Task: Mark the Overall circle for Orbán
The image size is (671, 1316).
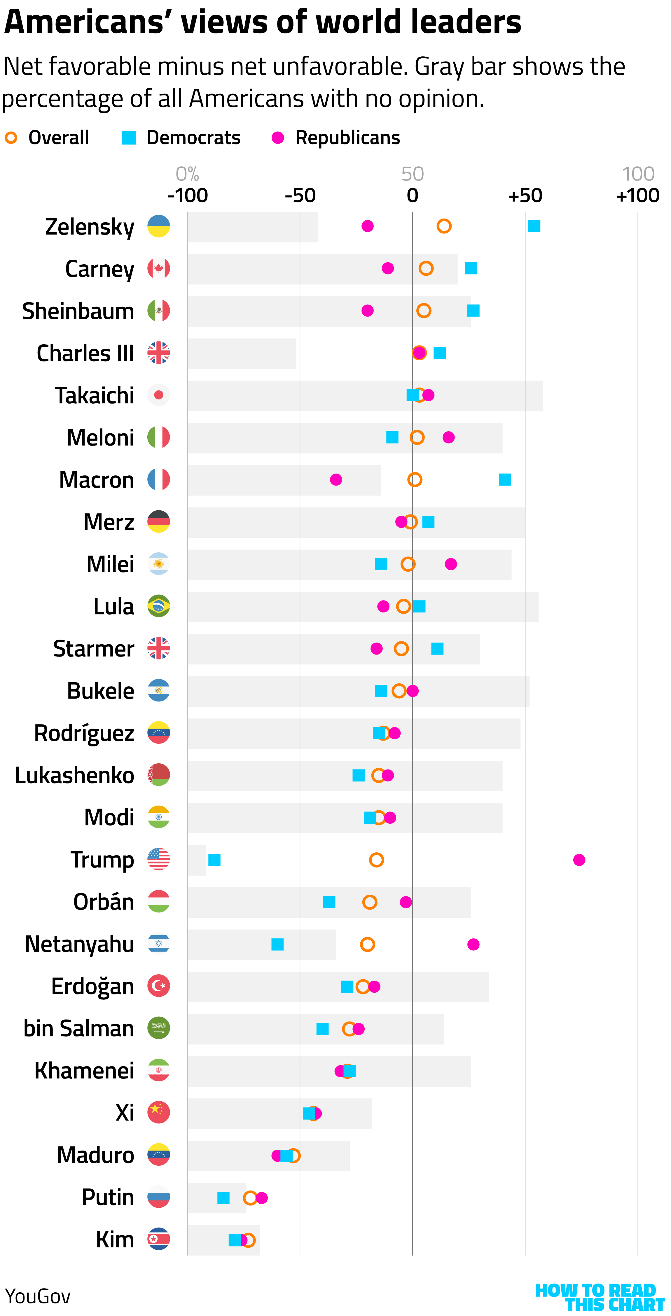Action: pyautogui.click(x=370, y=902)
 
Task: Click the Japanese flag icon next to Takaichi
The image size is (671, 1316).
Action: pyautogui.click(x=158, y=395)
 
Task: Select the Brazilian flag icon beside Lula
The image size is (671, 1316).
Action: pyautogui.click(x=158, y=606)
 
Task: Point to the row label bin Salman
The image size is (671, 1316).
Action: pyautogui.click(x=79, y=1028)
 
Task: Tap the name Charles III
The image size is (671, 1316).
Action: pyautogui.click(x=85, y=353)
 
